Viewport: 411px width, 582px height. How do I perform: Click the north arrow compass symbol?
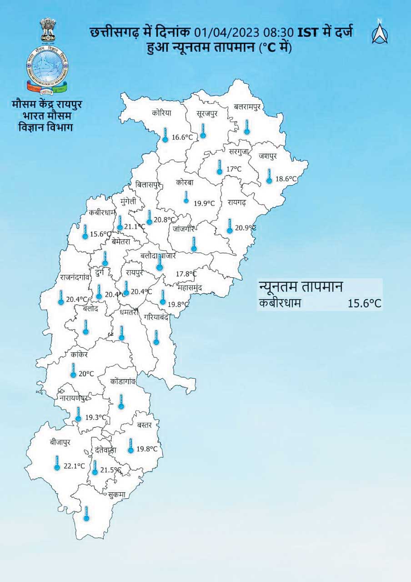[x=380, y=32]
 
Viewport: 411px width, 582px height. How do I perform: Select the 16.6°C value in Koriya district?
[x=182, y=137]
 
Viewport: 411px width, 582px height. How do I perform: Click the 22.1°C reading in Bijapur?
[x=75, y=466]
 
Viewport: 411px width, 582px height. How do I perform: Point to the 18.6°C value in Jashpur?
[x=287, y=179]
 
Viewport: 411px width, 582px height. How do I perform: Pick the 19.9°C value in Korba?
[x=204, y=203]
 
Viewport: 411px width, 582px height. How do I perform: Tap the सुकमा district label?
[x=117, y=495]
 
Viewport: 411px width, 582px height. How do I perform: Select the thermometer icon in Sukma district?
[x=86, y=513]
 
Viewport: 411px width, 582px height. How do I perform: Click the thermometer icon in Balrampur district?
[x=247, y=127]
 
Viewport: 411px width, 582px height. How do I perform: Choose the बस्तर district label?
[x=147, y=425]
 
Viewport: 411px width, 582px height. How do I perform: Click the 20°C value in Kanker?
[x=86, y=374]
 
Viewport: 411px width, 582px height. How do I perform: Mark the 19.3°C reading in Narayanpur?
[x=96, y=417]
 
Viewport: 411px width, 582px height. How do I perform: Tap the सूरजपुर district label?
[x=207, y=113]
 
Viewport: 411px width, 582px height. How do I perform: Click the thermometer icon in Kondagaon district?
[x=121, y=402]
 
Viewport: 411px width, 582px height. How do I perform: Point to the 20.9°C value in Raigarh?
[x=246, y=228]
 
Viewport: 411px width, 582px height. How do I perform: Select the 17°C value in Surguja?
[x=234, y=169]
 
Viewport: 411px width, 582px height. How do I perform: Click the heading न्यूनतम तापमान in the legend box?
[x=300, y=287]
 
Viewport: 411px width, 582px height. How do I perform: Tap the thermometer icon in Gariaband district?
[x=156, y=337]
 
